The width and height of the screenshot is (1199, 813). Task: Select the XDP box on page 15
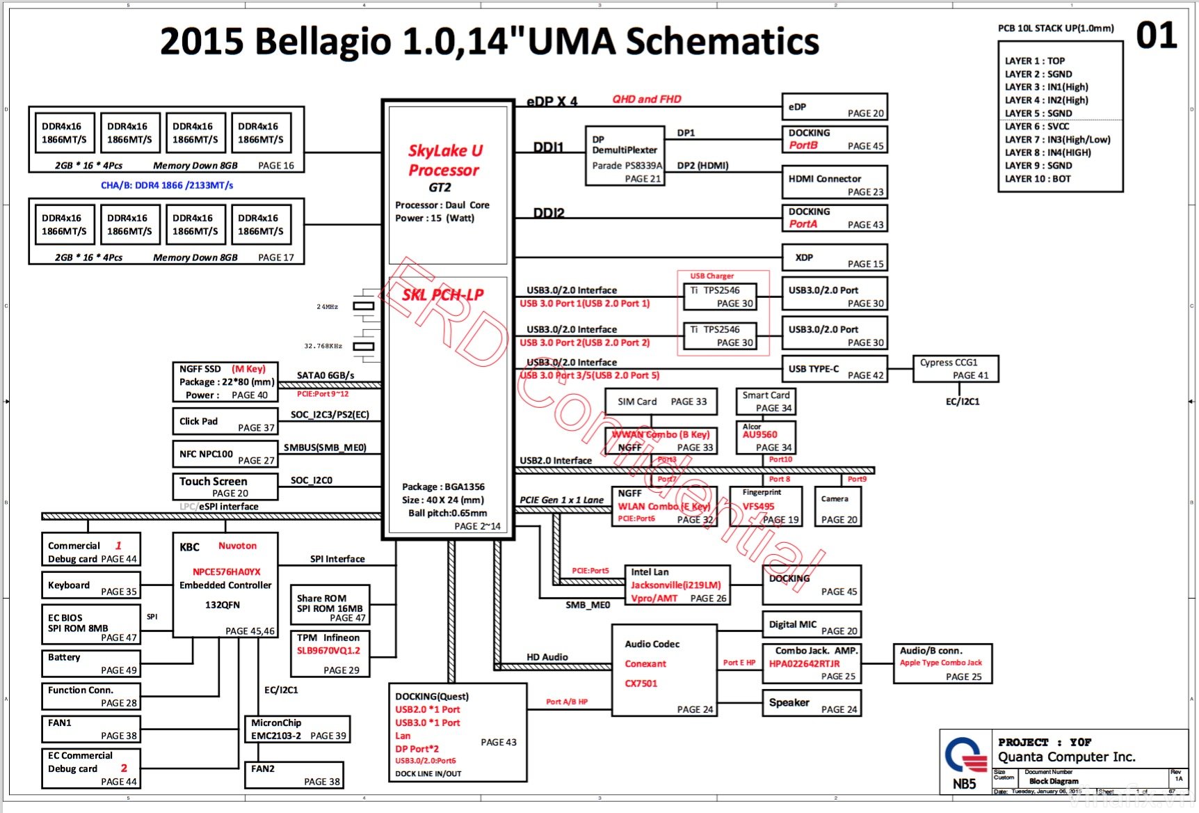834,258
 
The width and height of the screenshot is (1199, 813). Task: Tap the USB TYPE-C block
834,369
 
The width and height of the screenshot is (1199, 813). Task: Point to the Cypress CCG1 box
955,369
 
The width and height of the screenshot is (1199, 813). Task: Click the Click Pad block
225,421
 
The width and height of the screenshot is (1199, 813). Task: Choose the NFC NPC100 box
225,454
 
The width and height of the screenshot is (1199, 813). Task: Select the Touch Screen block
225,487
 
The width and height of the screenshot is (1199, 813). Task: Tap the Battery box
91,663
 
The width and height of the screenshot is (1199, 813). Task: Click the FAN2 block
294,775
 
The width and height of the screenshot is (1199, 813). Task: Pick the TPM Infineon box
330,654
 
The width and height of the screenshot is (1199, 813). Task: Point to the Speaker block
812,703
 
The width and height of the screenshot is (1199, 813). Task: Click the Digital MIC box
812,624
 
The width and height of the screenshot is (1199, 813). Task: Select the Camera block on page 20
838,506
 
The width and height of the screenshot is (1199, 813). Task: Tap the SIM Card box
661,402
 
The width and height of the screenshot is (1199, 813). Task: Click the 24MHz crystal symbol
364,306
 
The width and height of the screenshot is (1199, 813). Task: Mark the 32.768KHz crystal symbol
364,346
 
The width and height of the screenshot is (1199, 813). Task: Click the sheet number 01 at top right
1156,36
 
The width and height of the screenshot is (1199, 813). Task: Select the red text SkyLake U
445,151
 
